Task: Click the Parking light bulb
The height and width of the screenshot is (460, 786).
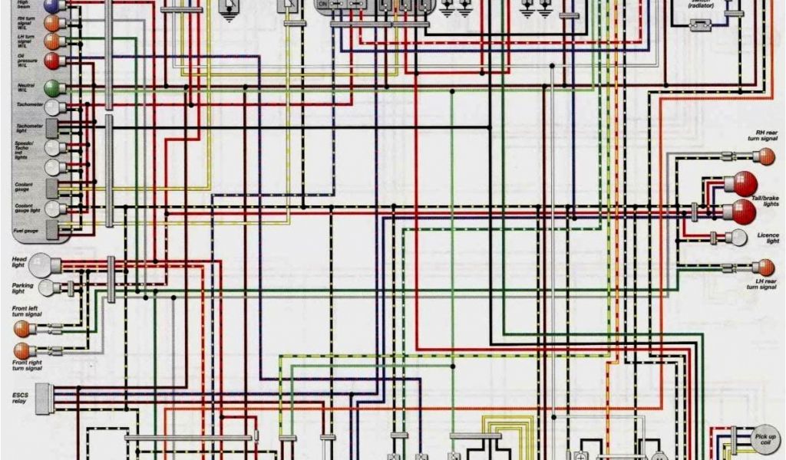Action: coord(47,288)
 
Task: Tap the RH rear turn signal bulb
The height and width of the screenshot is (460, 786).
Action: coord(764,157)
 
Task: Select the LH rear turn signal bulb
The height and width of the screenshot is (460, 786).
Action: coord(764,268)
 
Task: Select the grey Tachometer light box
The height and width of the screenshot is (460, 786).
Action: coord(53,127)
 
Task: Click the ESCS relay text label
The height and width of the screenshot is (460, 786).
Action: coord(18,399)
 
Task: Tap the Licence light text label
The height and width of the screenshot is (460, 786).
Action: coord(767,238)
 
